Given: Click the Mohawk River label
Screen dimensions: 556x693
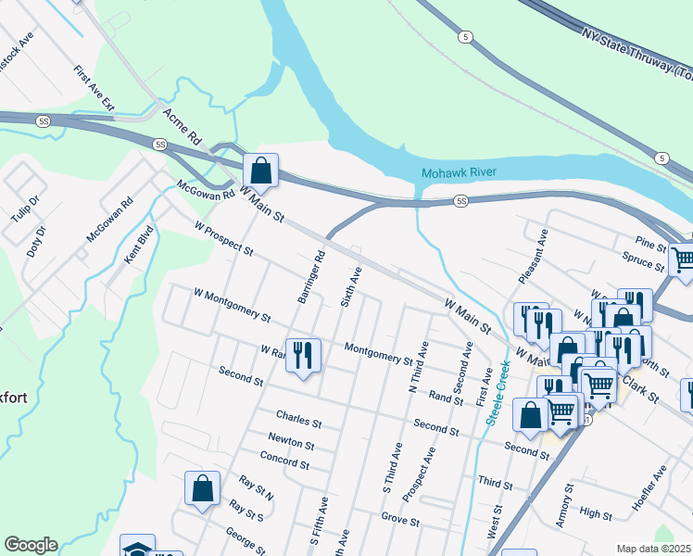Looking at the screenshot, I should click(459, 173).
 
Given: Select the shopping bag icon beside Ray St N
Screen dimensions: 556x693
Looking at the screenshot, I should click(202, 488).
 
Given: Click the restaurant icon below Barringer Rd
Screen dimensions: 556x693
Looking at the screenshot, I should click(303, 356).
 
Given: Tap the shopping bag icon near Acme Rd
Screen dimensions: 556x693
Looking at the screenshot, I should click(261, 171).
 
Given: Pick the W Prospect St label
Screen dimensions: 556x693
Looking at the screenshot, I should click(223, 238).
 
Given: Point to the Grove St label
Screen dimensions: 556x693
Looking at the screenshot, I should click(400, 520).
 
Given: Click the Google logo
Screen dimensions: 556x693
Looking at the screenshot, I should click(31, 545).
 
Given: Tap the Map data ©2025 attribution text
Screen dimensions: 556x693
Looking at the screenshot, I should click(652, 549).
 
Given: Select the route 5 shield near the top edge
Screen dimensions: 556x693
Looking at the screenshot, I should click(465, 36).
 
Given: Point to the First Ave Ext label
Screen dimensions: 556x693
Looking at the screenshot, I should click(94, 88).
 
